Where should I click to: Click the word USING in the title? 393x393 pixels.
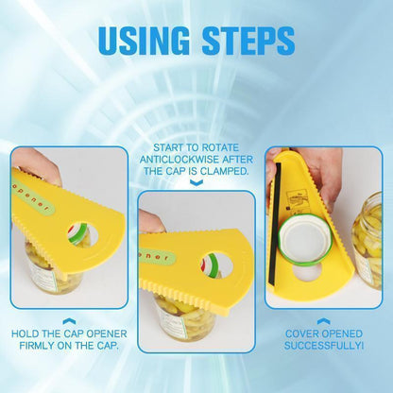(145, 41)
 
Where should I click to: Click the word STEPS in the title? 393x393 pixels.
(248, 41)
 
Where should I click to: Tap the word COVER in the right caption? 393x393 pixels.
(300, 333)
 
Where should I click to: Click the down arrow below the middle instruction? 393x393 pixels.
(196, 182)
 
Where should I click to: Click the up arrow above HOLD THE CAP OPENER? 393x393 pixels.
(69, 321)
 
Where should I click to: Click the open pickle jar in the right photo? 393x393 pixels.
(367, 240)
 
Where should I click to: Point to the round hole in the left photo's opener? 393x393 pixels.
(82, 234)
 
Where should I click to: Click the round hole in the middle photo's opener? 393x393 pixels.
(216, 265)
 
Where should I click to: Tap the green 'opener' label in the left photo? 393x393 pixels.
(34, 196)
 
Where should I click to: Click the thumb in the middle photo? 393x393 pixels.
(150, 222)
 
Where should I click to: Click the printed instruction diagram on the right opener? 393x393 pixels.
(297, 202)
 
